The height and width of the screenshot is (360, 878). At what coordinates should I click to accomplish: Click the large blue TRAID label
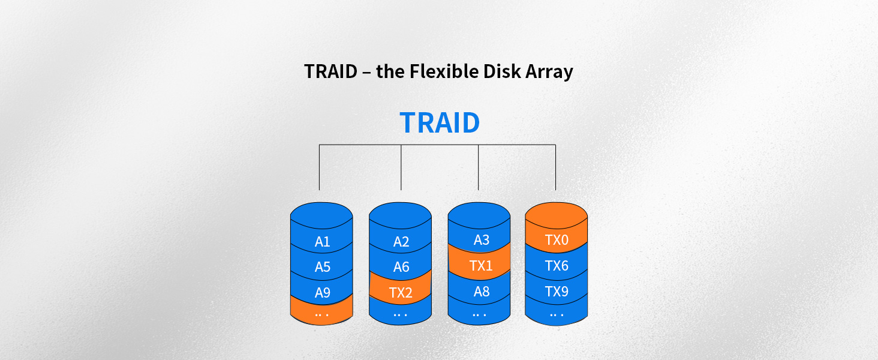point(440,122)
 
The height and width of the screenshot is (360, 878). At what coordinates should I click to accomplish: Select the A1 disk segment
point(322,242)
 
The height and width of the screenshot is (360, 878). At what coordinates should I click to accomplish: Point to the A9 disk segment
point(322,293)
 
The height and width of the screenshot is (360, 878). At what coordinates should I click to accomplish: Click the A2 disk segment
point(401,242)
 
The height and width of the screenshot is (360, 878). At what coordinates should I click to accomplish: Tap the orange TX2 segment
point(401,293)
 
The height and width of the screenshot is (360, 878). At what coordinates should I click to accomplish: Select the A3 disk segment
point(481,240)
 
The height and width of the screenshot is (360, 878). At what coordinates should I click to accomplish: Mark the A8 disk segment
point(481,292)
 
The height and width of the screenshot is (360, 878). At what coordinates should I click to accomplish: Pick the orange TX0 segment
point(557,241)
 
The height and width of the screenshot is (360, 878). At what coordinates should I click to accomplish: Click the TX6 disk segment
point(557,266)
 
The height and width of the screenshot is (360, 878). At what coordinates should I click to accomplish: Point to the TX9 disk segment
point(557,292)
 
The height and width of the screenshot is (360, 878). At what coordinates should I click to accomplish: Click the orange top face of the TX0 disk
point(556,214)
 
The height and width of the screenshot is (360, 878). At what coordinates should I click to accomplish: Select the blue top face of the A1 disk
point(321,214)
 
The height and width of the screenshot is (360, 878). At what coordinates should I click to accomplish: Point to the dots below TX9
point(557,314)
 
